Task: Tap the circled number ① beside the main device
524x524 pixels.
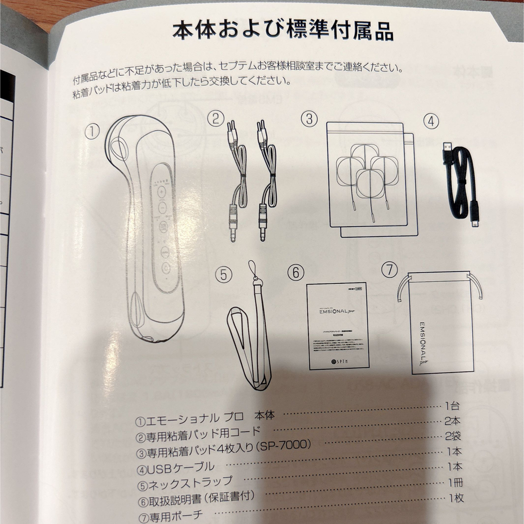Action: point(92,131)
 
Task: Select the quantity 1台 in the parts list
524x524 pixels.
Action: point(451,407)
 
